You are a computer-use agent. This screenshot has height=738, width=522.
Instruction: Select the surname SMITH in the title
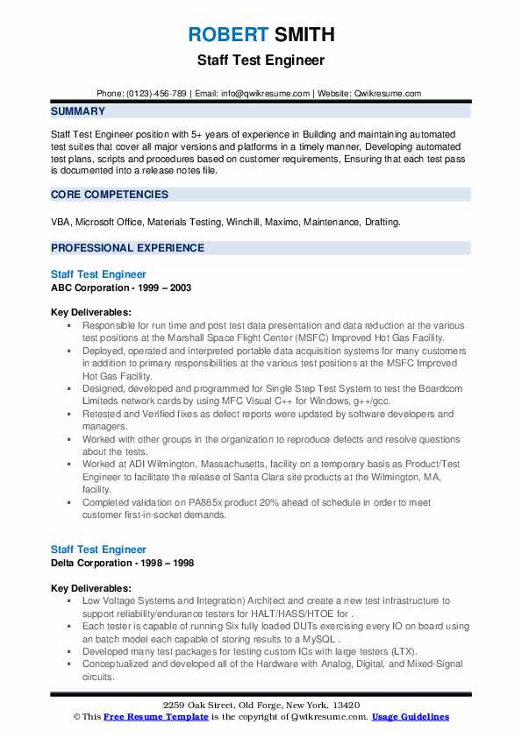point(303,35)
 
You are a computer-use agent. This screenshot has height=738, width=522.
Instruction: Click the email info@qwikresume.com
point(267,93)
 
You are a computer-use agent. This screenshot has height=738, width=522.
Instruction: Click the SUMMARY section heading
point(78,111)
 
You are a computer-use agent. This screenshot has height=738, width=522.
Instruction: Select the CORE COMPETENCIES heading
point(110,195)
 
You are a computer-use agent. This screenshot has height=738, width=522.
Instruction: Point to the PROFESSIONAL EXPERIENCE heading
point(128,248)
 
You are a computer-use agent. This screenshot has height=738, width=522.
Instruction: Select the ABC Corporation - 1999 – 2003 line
point(121,287)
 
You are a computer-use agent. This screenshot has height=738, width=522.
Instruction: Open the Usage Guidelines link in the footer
point(410,717)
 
